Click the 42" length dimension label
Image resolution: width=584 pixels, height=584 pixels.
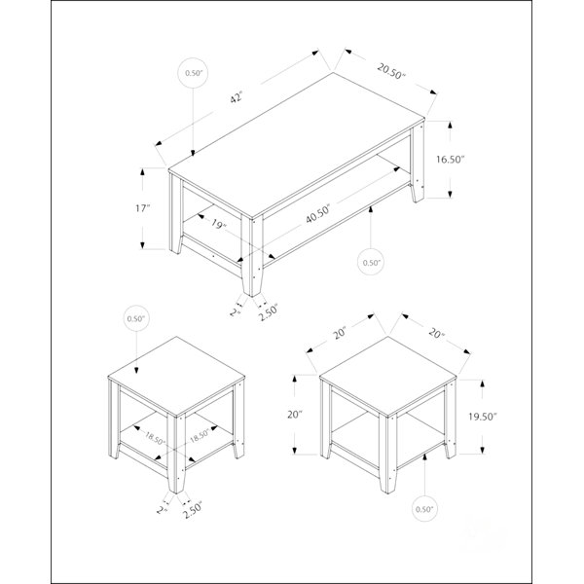click(237, 97)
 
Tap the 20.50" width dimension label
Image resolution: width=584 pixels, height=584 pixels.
click(391, 71)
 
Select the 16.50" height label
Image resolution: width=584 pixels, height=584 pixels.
click(451, 160)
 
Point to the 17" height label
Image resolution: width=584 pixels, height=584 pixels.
click(142, 208)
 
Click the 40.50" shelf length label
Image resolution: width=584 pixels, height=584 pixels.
click(319, 214)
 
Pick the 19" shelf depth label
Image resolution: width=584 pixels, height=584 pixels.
click(219, 225)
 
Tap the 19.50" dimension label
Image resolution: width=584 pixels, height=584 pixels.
click(483, 417)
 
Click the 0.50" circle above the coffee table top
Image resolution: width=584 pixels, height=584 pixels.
click(193, 73)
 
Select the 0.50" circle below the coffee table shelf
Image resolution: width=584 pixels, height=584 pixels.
click(371, 263)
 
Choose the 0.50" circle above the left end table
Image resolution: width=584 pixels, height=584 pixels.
click(136, 319)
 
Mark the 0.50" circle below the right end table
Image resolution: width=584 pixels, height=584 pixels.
click(425, 509)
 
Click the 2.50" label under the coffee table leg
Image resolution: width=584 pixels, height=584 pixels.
click(270, 312)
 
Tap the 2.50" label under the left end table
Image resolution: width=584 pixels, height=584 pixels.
click(193, 510)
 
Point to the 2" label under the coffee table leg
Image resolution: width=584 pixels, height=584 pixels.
click(235, 311)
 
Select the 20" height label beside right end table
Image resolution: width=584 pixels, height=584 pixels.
click(295, 415)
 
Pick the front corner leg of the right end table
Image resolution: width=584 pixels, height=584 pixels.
click(388, 454)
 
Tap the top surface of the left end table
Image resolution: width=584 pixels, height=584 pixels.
click(176, 376)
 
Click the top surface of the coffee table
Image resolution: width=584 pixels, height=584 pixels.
click(297, 145)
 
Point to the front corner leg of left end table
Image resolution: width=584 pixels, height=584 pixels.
click(176, 453)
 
